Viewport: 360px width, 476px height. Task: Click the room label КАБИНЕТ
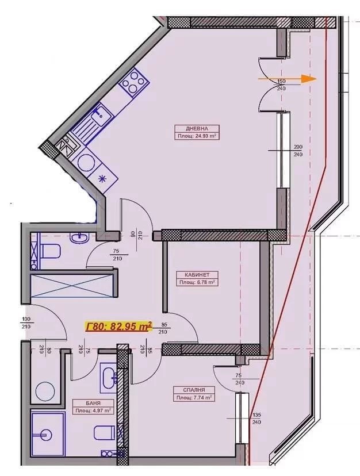pos(196,275)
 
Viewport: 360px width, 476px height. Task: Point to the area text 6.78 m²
pos(196,282)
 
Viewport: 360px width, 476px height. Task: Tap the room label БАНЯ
pos(92,403)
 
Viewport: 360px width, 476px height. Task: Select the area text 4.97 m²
pos(92,410)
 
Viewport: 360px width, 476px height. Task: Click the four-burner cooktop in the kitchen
pos(133,82)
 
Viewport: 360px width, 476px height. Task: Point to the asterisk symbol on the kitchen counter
pos(103,178)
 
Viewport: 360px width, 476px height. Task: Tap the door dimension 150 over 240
pos(281,85)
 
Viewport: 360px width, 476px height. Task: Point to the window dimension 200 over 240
pos(298,151)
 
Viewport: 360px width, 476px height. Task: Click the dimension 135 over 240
pos(256,418)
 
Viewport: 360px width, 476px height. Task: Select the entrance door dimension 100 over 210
pos(25,323)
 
